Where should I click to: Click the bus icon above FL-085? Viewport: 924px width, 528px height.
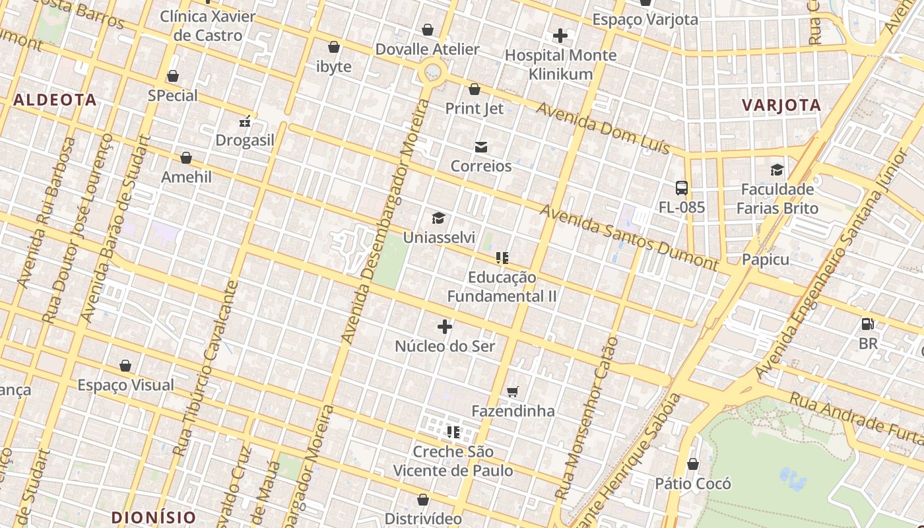coord(682,188)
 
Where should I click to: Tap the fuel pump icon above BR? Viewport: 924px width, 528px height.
coord(868,324)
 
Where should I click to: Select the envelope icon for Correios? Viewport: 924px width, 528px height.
coord(481,147)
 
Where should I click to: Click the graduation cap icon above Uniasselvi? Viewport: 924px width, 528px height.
coord(438,218)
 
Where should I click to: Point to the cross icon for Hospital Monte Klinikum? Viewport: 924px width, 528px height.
coord(560,36)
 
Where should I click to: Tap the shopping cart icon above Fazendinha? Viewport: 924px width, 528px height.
coord(513,391)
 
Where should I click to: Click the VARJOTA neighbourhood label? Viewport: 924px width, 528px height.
coord(781,105)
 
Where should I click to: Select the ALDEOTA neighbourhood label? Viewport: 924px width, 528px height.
coord(55,100)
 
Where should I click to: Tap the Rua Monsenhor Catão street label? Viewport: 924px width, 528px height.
coord(587,418)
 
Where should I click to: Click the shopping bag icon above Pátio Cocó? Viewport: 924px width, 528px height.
coord(693,464)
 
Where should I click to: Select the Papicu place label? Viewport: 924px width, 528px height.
coord(766,259)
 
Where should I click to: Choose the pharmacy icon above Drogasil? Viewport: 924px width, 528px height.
coord(245,121)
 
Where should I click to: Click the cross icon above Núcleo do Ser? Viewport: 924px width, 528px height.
coord(445,327)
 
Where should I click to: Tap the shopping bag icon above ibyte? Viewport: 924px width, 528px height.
coord(334,47)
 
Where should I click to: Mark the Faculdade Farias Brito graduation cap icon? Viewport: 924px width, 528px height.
coord(777,170)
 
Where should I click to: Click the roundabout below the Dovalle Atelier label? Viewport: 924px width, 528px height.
coord(433,71)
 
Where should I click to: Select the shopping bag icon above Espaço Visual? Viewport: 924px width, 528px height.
coord(125,366)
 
